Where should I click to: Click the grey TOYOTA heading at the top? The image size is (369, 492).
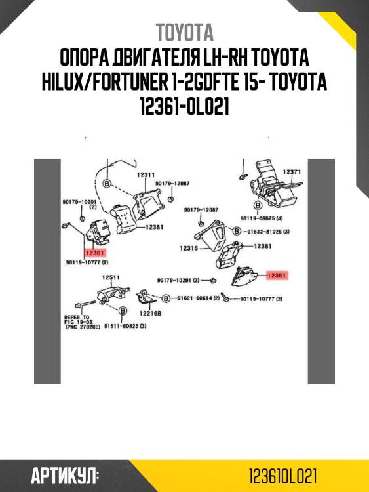coord(184,32)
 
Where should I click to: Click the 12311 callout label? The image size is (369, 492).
coord(146,175)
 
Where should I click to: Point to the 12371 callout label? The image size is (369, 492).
coord(292,172)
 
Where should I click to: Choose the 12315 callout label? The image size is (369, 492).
coord(189,249)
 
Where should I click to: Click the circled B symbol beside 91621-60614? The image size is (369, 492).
coord(166,298)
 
